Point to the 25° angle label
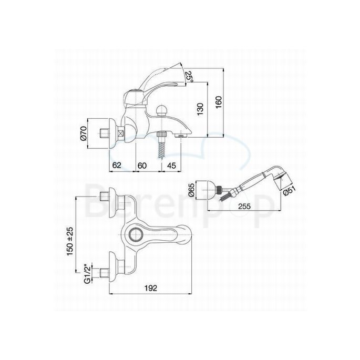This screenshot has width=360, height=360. (x=190, y=78)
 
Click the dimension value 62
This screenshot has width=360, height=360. (x=117, y=165)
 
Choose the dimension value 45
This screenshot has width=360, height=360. (x=171, y=165)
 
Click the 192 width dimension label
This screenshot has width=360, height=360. (x=151, y=288)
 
